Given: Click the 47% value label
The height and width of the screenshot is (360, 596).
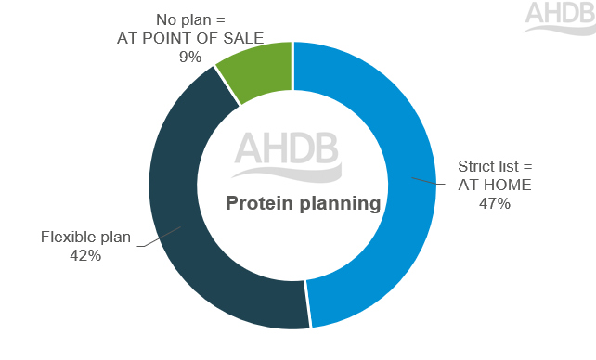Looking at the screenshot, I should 495,203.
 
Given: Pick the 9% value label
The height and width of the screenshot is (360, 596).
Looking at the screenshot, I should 190,57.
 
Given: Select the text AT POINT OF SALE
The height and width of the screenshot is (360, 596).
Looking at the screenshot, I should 190,38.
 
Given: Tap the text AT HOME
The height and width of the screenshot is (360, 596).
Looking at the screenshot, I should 494,185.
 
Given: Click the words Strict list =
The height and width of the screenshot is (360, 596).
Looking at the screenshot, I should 495,167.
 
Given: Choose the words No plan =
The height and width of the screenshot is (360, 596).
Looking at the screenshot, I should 190,20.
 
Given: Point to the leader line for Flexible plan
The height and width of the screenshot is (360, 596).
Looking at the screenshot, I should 158,235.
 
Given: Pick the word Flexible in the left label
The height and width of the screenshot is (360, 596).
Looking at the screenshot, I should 69,238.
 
